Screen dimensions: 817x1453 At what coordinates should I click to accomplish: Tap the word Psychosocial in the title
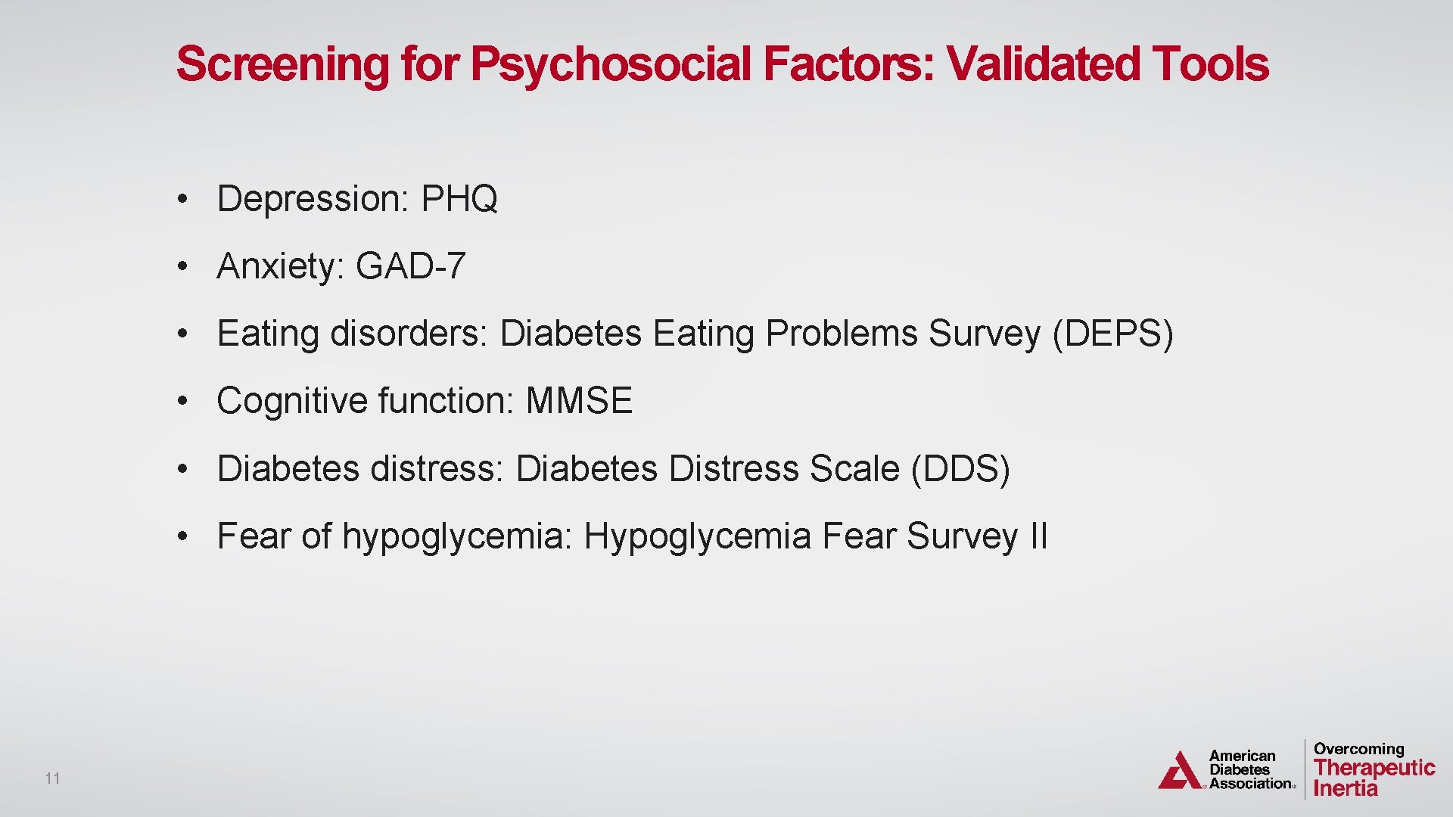point(611,64)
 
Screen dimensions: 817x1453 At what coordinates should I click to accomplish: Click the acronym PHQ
point(459,199)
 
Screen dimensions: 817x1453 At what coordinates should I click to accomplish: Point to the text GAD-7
point(410,266)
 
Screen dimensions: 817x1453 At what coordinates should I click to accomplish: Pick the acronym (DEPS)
point(1112,334)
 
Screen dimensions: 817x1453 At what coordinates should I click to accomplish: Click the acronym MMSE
point(579,401)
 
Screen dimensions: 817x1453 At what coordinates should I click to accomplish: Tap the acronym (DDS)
point(960,469)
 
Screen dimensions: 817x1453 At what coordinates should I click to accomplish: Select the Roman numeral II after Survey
point(1038,536)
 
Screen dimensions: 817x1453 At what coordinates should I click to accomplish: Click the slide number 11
point(52,778)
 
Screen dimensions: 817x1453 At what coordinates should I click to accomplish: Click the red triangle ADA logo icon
point(1179,771)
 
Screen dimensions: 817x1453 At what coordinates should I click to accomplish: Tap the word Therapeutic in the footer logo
point(1374,768)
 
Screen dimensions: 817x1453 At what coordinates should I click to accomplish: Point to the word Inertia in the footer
point(1346,789)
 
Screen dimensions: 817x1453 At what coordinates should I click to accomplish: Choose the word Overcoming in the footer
point(1358,749)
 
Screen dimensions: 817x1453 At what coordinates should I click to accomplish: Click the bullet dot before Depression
point(182,200)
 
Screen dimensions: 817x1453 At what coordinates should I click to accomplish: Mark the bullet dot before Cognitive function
point(182,402)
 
